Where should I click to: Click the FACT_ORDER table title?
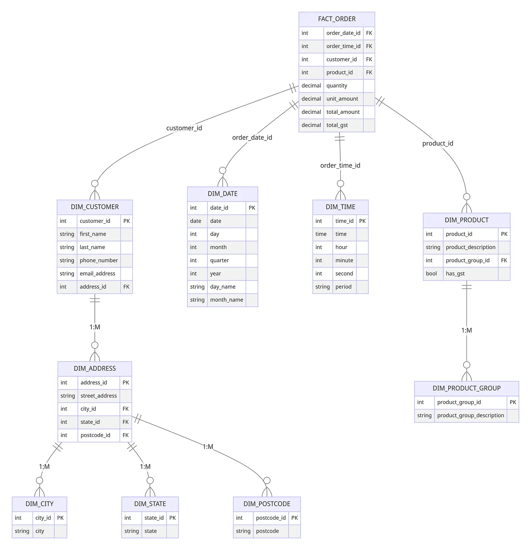coord(337,19)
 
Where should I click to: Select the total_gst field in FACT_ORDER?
coord(337,125)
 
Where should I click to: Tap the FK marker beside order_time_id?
coord(369,46)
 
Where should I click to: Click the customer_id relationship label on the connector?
coord(184,128)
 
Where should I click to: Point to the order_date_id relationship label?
coord(252,138)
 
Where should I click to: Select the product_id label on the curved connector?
coord(438,143)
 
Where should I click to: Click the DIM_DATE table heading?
coord(222,194)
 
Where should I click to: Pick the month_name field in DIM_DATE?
coord(226,300)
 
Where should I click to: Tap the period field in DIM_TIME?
coord(343,287)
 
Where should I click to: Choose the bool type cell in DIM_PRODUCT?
coord(431,274)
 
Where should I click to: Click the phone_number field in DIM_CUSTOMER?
coord(99,260)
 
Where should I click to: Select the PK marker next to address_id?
coord(126,383)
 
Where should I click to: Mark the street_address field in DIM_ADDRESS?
coord(99,396)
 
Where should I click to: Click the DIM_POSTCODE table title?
coord(267,504)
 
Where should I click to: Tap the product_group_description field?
coord(470,415)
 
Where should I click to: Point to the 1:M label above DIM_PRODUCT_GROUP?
coord(467,331)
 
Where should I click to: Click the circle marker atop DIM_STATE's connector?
coord(150,481)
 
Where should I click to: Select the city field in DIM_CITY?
coord(40,531)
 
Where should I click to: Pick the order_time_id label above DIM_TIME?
coord(340,166)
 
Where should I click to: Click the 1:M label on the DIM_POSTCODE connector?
coord(208,447)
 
